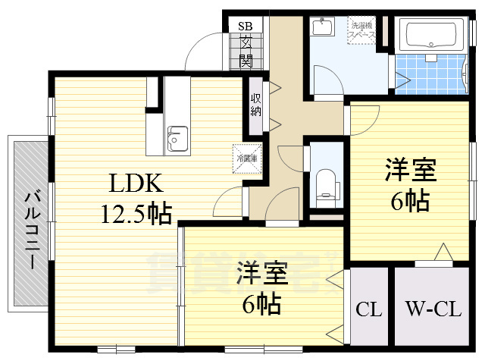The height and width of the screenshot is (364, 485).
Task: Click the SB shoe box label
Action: coord(246,25)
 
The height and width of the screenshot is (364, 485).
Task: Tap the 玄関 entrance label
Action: coord(246,51)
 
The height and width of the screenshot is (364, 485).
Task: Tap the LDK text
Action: coord(136,184)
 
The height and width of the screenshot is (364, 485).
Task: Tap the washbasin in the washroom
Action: coord(321,28)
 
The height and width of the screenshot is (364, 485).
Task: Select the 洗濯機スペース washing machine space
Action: coord(362,33)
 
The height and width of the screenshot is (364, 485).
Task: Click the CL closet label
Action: coord(368,310)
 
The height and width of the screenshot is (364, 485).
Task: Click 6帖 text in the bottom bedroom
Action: coord(261,303)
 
